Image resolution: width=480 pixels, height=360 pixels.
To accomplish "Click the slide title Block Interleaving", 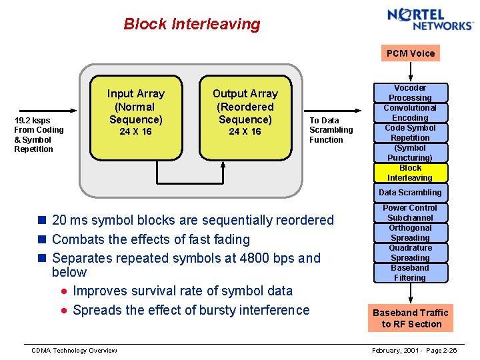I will coord(192,25).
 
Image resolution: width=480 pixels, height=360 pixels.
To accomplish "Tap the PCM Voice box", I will coord(411,53).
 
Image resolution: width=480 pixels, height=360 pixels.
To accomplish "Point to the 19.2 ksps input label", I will coord(39,135).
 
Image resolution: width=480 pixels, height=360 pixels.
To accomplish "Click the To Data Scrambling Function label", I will coord(331,130).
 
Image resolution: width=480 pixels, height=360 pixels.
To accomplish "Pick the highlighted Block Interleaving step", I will coord(410,173).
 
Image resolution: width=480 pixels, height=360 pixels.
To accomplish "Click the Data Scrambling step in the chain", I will coord(410,193).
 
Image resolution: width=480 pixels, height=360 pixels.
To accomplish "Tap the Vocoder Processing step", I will coord(410,93).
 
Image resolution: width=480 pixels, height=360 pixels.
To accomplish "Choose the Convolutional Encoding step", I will coord(410,113).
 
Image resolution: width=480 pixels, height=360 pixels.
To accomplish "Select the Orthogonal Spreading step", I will coord(410,233).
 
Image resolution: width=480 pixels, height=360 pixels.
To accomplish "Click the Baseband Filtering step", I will coord(410,273).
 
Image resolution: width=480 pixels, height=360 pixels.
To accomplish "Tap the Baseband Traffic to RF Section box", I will coord(410,318).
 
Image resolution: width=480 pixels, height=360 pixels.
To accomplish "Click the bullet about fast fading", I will coord(151,239).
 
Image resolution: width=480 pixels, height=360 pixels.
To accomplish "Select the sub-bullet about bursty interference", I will coord(191,310).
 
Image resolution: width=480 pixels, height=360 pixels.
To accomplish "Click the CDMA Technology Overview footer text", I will coord(75,351).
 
